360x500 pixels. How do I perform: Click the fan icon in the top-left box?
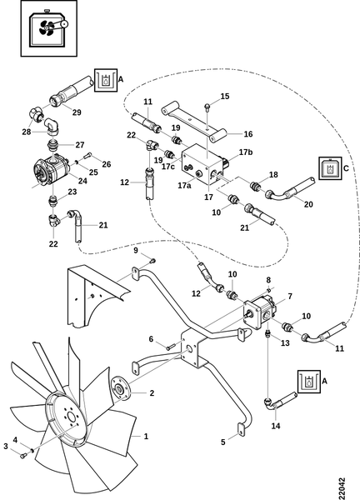pyautogui.click(x=47, y=28)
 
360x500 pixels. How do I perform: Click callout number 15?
pyautogui.click(x=225, y=96)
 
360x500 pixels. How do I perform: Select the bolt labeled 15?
pyautogui.click(x=207, y=107)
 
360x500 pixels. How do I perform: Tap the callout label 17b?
pyautogui.click(x=246, y=152)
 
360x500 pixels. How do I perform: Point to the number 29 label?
pyautogui.click(x=77, y=112)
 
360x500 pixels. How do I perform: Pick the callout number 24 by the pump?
pyautogui.click(x=82, y=181)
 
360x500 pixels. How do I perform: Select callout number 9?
pyautogui.click(x=136, y=250)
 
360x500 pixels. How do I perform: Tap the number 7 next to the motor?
pyautogui.click(x=289, y=296)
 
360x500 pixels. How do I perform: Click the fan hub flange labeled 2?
pyautogui.click(x=120, y=387)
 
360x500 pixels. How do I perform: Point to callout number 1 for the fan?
pyautogui.click(x=146, y=436)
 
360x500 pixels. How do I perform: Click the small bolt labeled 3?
pyautogui.click(x=22, y=457)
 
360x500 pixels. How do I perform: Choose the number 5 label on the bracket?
pyautogui.click(x=222, y=442)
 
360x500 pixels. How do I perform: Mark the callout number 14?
pyautogui.click(x=276, y=426)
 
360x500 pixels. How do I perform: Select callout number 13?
pyautogui.click(x=285, y=342)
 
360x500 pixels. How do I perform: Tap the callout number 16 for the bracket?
pyautogui.click(x=248, y=134)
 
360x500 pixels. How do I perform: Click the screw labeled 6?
pyautogui.click(x=171, y=347)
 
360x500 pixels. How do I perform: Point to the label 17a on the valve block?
pyautogui.click(x=184, y=185)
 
